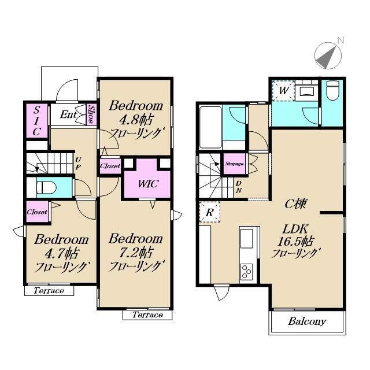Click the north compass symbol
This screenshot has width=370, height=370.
328,55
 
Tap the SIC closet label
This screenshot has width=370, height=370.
36,121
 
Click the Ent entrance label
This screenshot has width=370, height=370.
68,114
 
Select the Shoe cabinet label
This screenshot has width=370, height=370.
91,114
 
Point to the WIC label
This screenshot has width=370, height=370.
148,184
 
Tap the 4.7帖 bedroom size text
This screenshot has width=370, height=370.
61,254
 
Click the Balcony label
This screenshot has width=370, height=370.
307,321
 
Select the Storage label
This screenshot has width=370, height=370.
234,164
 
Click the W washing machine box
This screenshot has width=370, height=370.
283,91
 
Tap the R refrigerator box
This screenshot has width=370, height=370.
210,212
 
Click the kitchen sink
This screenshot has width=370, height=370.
247,239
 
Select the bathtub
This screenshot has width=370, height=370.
210,127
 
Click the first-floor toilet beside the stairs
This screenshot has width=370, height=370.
46,187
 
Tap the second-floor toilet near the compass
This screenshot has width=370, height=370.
333,91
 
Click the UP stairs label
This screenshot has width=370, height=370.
78,164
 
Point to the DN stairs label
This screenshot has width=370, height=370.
239,187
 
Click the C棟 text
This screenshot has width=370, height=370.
295,203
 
